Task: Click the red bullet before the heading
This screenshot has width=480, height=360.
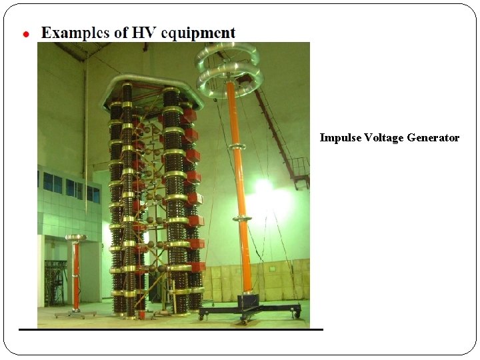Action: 26,34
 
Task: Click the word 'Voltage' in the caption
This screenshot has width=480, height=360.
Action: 384,138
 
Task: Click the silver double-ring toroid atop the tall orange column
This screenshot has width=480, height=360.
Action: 229,67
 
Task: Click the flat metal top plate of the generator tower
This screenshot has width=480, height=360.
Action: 151,90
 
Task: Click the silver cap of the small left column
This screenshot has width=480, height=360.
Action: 75,237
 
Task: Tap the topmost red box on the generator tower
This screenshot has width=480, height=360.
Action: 190,115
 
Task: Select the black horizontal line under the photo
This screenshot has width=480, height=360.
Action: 171,329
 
